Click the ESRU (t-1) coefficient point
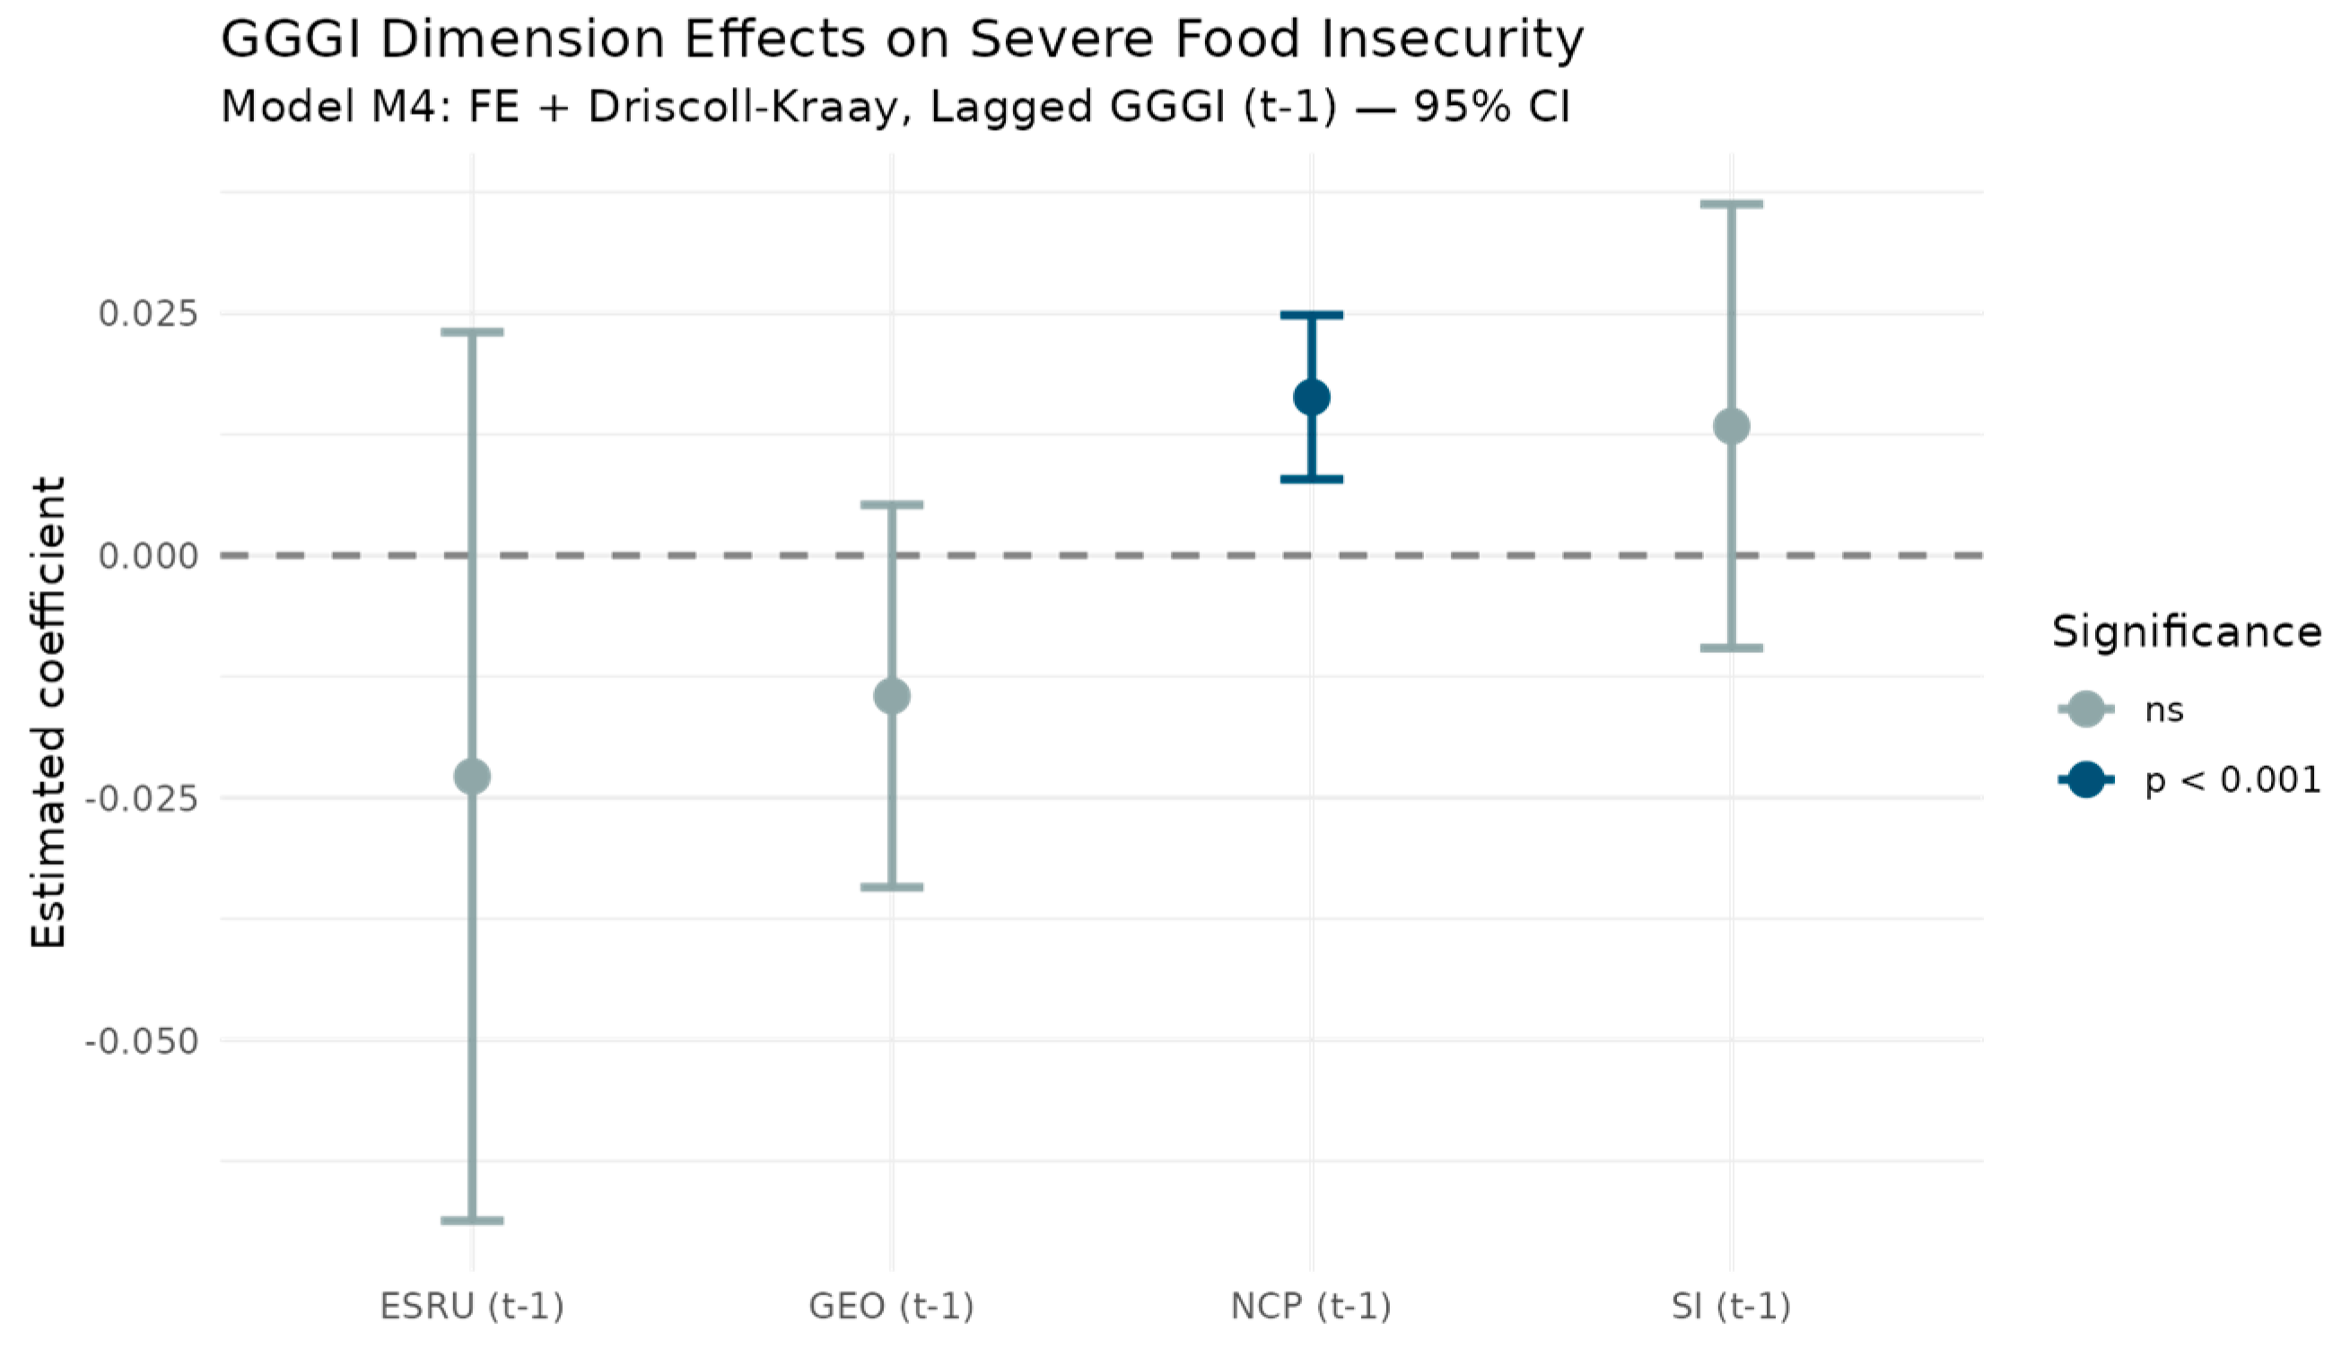[x=472, y=776]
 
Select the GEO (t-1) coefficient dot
[x=891, y=696]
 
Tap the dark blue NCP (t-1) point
[x=1311, y=397]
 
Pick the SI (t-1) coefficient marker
[x=1731, y=426]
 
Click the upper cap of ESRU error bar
[x=472, y=332]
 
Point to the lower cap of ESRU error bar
[x=472, y=1220]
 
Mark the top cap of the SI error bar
[x=1731, y=204]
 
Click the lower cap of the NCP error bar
[x=1311, y=479]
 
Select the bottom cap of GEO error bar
[x=891, y=887]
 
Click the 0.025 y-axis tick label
[x=148, y=313]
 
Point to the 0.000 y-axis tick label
[x=148, y=556]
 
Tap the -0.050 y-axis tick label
[x=142, y=1040]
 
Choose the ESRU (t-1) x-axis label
[x=472, y=1306]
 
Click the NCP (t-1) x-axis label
[x=1311, y=1306]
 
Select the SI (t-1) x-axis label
[x=1731, y=1306]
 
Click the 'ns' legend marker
[x=2086, y=709]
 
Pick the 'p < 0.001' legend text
[x=2232, y=780]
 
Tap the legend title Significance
[x=2187, y=633]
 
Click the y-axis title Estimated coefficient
[x=48, y=711]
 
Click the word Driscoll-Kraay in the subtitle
[x=742, y=108]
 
